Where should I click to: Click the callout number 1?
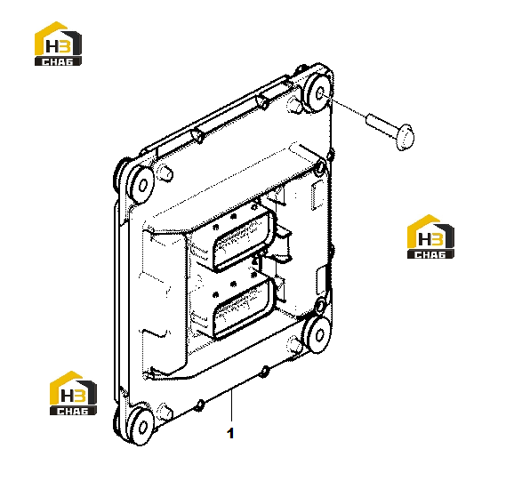(x=230, y=433)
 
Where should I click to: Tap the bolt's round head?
(x=405, y=136)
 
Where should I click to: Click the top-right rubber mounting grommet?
(x=317, y=92)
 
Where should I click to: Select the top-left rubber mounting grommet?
(x=140, y=185)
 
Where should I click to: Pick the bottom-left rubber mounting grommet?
(x=140, y=427)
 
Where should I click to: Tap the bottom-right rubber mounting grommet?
(x=317, y=333)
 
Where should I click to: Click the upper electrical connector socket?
(x=245, y=239)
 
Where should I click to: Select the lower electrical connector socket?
(x=245, y=307)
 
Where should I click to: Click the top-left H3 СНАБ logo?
(x=58, y=44)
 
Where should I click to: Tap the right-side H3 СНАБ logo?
(x=430, y=236)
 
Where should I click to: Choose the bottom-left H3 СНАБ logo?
(x=73, y=393)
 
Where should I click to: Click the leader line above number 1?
(x=231, y=405)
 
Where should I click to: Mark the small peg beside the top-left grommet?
(x=165, y=172)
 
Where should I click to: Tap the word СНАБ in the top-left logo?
(x=58, y=61)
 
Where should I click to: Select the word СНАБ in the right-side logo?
(x=430, y=254)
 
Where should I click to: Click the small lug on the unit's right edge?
(x=330, y=156)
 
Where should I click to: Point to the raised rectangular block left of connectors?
(x=165, y=300)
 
